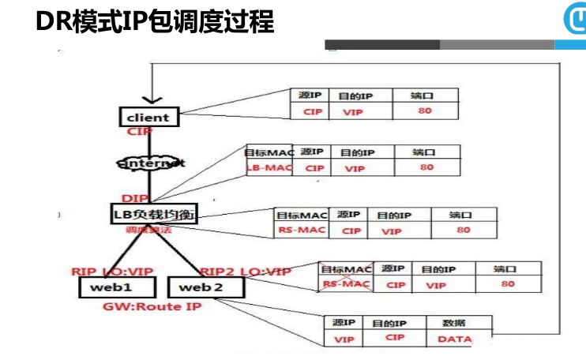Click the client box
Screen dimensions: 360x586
pyautogui.click(x=148, y=117)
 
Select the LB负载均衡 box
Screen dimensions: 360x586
pyautogui.click(x=153, y=214)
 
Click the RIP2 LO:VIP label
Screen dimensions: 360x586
pyautogui.click(x=246, y=271)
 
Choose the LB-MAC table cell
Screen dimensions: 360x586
pyautogui.click(x=269, y=168)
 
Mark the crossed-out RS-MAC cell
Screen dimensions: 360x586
pyautogui.click(x=345, y=284)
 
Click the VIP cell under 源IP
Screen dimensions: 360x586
pyautogui.click(x=344, y=339)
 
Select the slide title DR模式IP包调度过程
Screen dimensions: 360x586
pyautogui.click(x=155, y=22)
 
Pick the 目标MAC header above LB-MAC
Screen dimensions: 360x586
pyautogui.click(x=269, y=152)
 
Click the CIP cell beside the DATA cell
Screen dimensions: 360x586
pyautogui.click(x=395, y=338)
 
